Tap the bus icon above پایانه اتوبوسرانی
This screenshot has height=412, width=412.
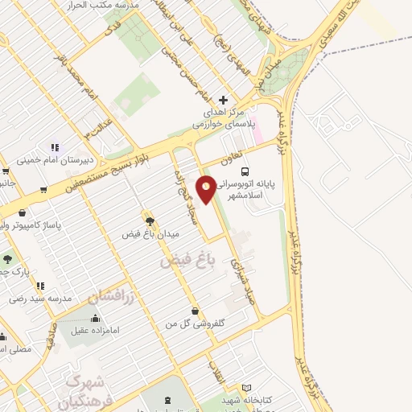point(245,171)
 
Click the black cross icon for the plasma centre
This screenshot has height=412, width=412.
point(223,100)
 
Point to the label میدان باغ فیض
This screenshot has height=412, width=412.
point(150,233)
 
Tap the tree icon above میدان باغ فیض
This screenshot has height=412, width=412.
point(149,219)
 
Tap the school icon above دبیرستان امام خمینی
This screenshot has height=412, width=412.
point(55,147)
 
